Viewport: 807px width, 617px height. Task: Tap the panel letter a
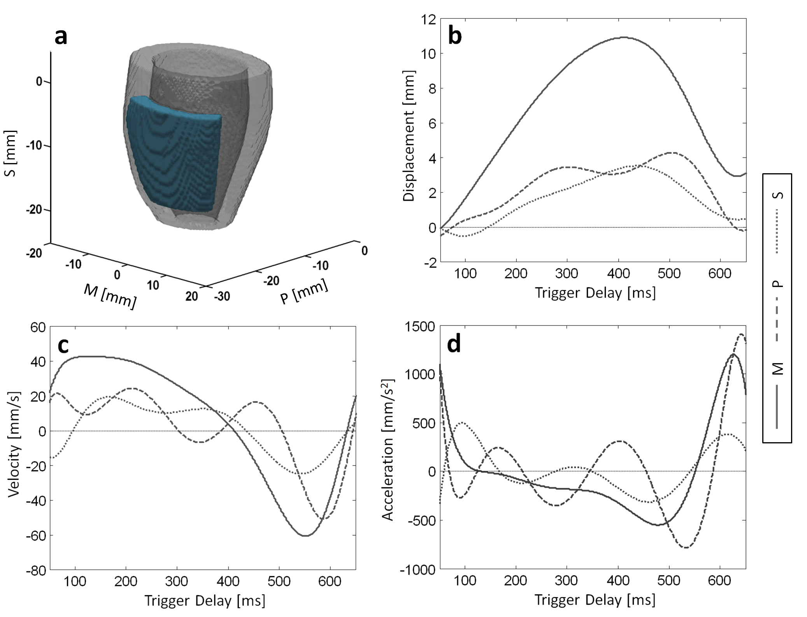pyautogui.click(x=61, y=37)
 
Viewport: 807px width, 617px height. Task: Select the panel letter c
pyautogui.click(x=63, y=345)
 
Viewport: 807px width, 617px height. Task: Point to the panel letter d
pyautogui.click(x=454, y=344)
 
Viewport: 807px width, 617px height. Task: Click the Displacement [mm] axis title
pyautogui.click(x=409, y=136)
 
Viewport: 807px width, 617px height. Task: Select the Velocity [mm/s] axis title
pyautogui.click(x=14, y=444)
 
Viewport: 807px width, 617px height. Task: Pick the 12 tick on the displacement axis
pyautogui.click(x=428, y=19)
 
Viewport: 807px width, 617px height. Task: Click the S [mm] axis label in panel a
pyautogui.click(x=11, y=153)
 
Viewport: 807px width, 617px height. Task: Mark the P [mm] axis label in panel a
pyautogui.click(x=304, y=292)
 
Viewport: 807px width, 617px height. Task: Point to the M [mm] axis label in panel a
pyautogui.click(x=110, y=296)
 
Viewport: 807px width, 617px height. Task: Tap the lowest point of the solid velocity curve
pyautogui.click(x=305, y=536)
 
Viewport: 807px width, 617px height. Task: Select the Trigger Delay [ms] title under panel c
pyautogui.click(x=205, y=600)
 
